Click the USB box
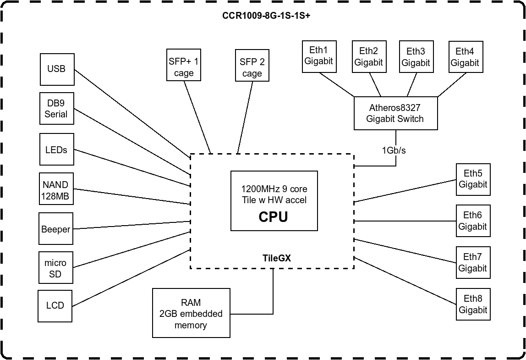pyautogui.click(x=57, y=69)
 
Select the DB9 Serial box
pyautogui.click(x=56, y=108)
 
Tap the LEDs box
pyautogui.click(x=56, y=150)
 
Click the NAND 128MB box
pyautogui.click(x=55, y=190)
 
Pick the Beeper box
pyautogui.click(x=55, y=229)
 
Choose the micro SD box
pyautogui.click(x=55, y=269)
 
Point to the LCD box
pyautogui.click(x=55, y=305)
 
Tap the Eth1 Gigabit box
pyautogui.click(x=319, y=56)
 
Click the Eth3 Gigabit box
pyautogui.click(x=416, y=57)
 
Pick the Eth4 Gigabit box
pyautogui.click(x=465, y=57)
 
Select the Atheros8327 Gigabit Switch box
pyautogui.click(x=395, y=113)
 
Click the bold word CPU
pyautogui.click(x=274, y=216)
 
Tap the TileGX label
pyautogui.click(x=277, y=258)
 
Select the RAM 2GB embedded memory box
pyautogui.click(x=191, y=314)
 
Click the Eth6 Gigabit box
pyautogui.click(x=472, y=221)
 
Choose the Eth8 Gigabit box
pyautogui.click(x=472, y=304)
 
